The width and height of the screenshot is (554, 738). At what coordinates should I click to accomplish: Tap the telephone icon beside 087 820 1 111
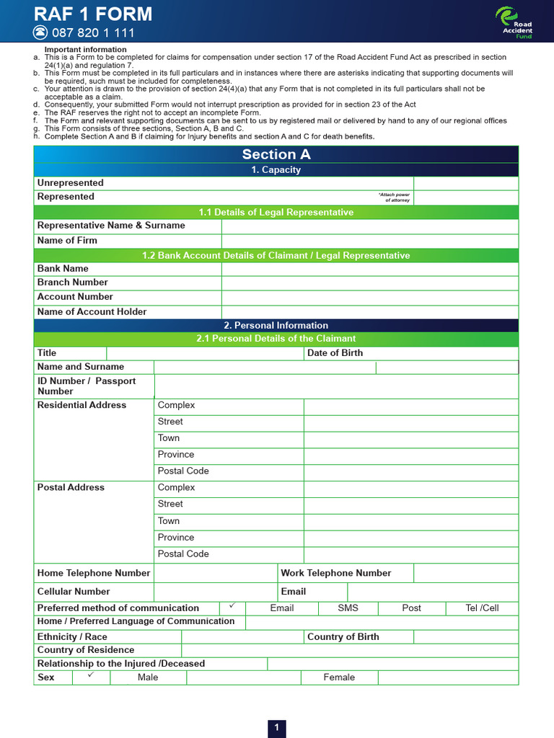pyautogui.click(x=40, y=32)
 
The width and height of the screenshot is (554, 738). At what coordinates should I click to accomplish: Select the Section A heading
pyautogui.click(x=276, y=154)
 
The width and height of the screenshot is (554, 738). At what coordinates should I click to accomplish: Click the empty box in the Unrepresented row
pyautogui.click(x=465, y=183)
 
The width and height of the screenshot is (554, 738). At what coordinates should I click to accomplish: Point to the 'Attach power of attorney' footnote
pyautogui.click(x=393, y=197)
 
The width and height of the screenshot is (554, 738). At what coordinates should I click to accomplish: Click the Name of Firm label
pyautogui.click(x=67, y=241)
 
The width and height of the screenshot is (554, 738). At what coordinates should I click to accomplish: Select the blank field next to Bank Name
pyautogui.click(x=369, y=269)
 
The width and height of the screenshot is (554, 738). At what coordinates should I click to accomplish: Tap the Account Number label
pyautogui.click(x=75, y=297)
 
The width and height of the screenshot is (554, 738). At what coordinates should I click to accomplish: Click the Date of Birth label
pyautogui.click(x=335, y=353)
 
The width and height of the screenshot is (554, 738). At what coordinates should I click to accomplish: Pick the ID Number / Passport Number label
pyautogui.click(x=87, y=386)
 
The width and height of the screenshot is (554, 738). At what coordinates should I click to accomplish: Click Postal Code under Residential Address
pyautogui.click(x=183, y=471)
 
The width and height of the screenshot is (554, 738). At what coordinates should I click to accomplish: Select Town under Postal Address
pyautogui.click(x=169, y=521)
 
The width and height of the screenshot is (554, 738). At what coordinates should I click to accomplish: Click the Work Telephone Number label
pyautogui.click(x=335, y=574)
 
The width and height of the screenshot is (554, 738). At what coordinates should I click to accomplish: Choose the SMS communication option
pyautogui.click(x=348, y=608)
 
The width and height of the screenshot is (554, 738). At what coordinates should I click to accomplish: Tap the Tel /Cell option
pyautogui.click(x=482, y=608)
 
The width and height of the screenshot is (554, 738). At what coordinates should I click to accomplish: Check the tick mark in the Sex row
pyautogui.click(x=91, y=676)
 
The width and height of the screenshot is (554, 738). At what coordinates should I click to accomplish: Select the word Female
pyautogui.click(x=339, y=677)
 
